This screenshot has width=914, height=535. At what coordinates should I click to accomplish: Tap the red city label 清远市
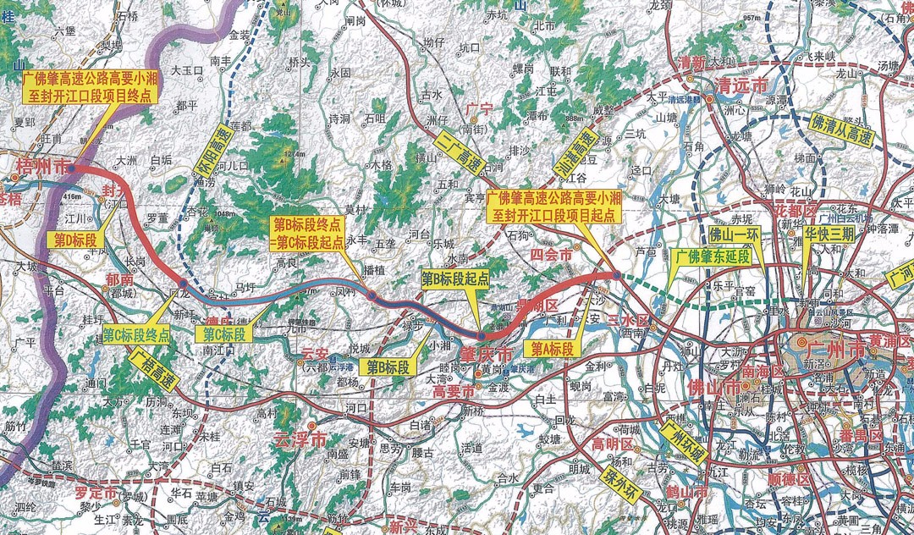[x=741, y=86]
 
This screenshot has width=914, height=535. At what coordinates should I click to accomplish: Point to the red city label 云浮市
[x=300, y=438]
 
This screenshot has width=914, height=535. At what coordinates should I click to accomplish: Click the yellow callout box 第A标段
[x=552, y=348]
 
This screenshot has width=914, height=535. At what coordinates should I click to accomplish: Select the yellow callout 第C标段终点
[x=136, y=335]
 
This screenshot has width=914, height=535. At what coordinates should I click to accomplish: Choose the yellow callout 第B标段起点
[x=457, y=278]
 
